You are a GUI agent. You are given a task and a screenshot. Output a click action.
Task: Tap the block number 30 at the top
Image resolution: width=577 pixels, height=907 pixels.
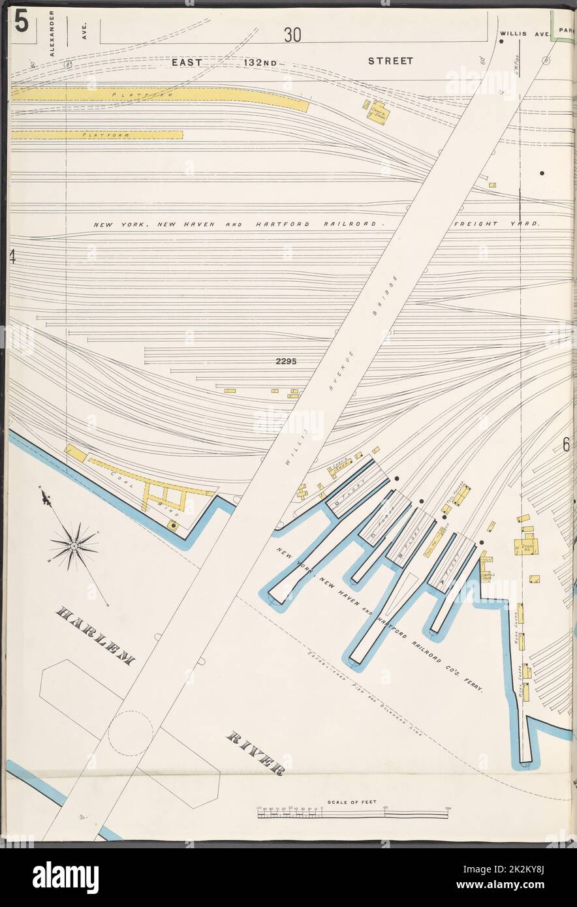click(292, 35)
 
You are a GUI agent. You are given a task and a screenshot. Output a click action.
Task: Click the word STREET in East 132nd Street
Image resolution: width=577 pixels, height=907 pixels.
click(390, 61)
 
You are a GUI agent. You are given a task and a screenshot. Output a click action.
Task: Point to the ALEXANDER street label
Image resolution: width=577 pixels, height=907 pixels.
click(52, 33)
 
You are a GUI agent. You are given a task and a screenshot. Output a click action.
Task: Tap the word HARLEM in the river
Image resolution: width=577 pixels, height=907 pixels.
click(96, 636)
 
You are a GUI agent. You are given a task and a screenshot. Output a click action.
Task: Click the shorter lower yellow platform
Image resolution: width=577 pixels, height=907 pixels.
click(97, 135)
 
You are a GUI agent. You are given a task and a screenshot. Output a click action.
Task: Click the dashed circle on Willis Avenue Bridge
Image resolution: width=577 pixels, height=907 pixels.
click(131, 733)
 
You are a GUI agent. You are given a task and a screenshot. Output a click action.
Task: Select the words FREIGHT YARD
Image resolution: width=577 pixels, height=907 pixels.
click(497, 224)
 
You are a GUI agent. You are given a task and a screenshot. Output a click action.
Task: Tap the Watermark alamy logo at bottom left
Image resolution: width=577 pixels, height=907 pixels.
click(65, 878)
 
